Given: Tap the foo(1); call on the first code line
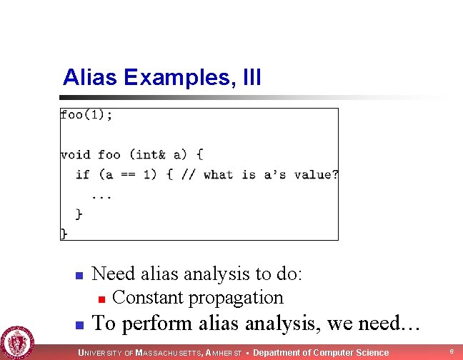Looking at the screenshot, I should (86, 115).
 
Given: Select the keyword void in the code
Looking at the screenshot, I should (75, 154).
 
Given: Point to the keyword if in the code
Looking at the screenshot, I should (83, 174).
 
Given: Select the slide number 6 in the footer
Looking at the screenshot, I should (451, 351).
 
